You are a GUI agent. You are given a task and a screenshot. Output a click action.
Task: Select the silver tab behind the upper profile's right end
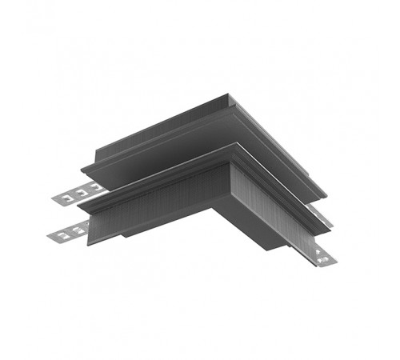[319, 210]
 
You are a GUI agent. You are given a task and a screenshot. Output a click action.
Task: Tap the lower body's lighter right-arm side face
[272, 216]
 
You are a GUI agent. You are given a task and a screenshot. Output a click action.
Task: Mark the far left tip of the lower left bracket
[50, 238]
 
